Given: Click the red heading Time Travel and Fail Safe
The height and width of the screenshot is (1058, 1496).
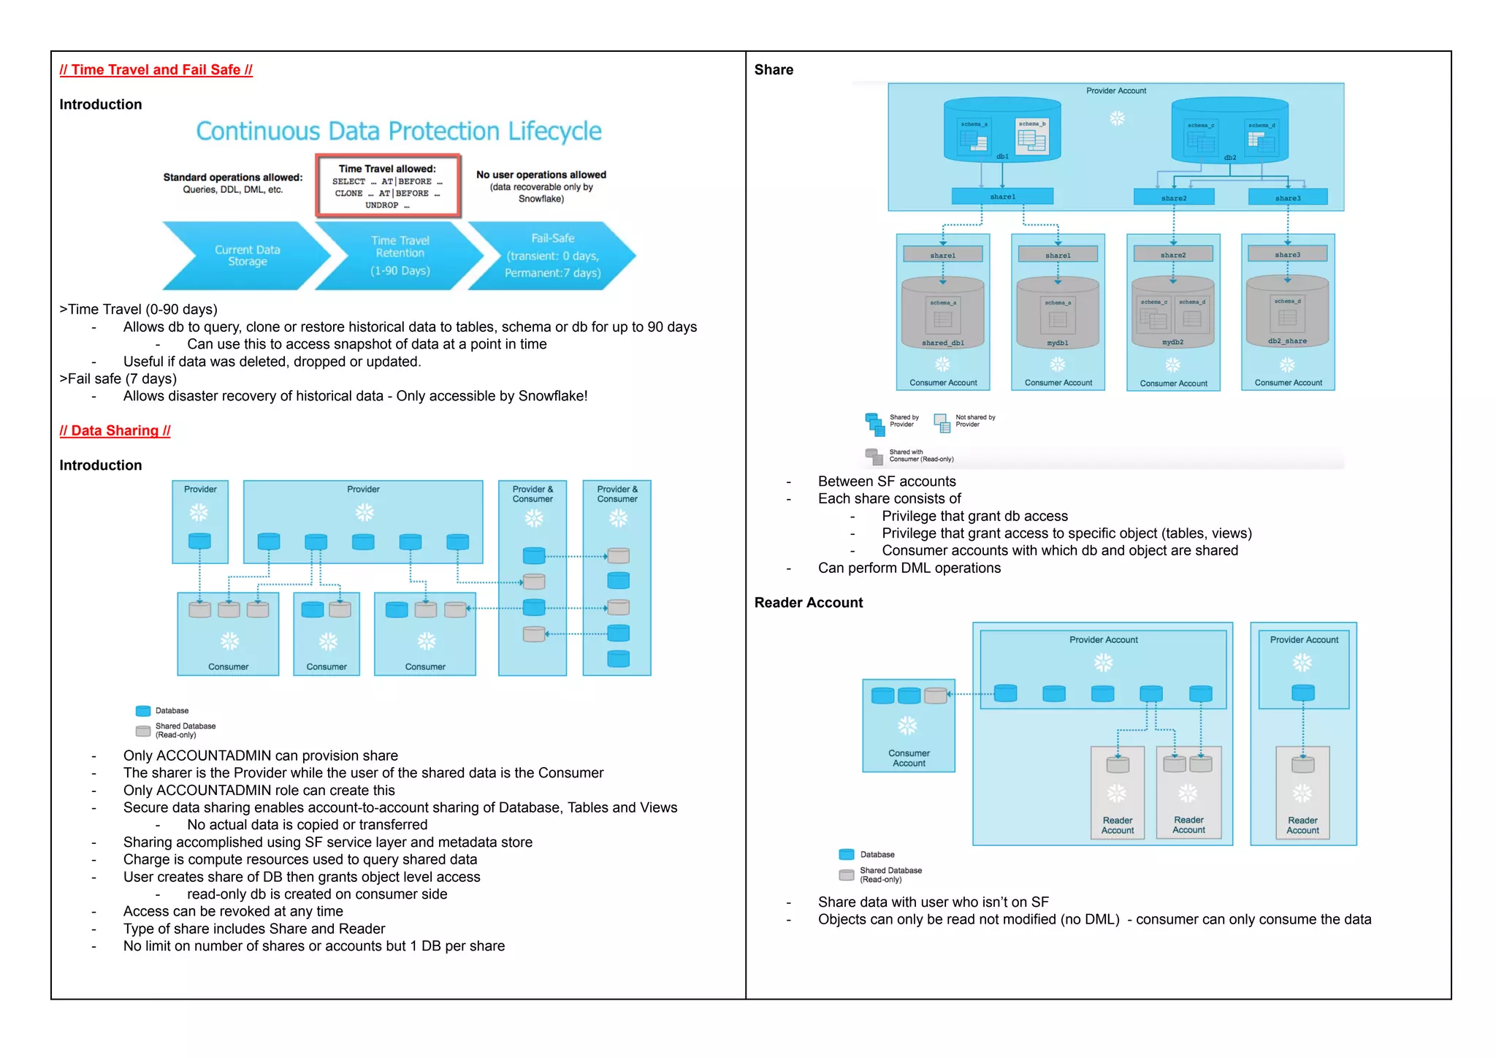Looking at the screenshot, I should pos(156,70).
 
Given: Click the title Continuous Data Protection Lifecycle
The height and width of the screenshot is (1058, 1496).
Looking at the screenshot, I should pos(398,132).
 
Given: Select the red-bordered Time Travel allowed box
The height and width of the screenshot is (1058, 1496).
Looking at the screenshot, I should pos(388,186).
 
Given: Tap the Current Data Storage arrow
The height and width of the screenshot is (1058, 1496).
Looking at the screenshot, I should pos(246,256).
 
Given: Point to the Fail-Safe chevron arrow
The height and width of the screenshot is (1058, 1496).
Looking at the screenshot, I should pos(552,256).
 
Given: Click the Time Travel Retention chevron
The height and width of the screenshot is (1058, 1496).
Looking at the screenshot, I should pos(400,256).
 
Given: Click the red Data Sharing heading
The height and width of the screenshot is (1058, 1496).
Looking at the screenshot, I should pos(115,431).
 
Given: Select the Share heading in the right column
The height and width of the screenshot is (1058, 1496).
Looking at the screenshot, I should pos(774,70).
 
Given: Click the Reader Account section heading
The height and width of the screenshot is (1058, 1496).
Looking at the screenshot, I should pos(808,603).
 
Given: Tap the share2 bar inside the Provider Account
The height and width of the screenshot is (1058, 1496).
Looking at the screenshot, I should pos(1173,197).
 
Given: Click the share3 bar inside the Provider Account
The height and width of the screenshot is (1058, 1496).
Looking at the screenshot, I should pos(1287,197).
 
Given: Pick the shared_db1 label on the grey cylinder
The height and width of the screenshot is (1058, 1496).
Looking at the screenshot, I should pos(942,343).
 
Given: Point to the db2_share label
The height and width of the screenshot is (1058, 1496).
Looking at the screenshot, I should pos(1287,341).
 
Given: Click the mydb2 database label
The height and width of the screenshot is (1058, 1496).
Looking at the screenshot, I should pos(1172,342).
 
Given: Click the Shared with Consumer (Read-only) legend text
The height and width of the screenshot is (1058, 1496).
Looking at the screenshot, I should pos(920,456).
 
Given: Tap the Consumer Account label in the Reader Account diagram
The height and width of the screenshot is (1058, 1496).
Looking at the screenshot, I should pos(909,758).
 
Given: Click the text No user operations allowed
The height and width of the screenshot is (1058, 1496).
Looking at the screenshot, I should pos(541,175).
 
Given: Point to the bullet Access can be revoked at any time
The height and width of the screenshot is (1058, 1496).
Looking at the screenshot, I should pos(233,912).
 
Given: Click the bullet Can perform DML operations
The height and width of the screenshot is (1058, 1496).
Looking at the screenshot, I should pos(909,568).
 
